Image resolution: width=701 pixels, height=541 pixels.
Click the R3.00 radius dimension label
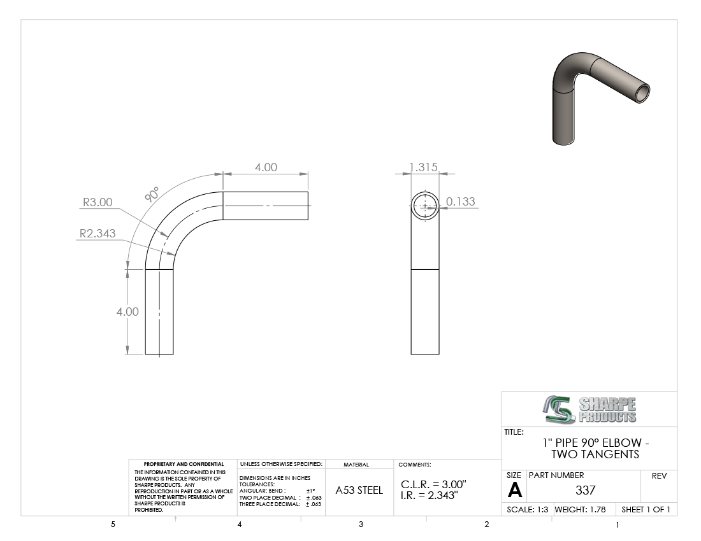click(98, 202)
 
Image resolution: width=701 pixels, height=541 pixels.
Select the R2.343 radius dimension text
click(98, 234)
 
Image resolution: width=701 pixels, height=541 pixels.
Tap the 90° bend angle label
click(152, 195)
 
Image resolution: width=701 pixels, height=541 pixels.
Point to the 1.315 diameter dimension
click(423, 167)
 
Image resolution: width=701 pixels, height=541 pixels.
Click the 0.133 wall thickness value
click(461, 202)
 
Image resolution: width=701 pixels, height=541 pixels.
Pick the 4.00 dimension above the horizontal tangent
click(266, 167)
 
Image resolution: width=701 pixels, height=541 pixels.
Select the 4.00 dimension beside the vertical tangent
click(127, 312)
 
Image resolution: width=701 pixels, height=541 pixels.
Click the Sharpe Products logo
click(589, 409)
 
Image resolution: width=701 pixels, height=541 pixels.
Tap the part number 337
click(585, 490)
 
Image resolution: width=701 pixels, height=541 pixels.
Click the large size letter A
click(514, 491)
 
